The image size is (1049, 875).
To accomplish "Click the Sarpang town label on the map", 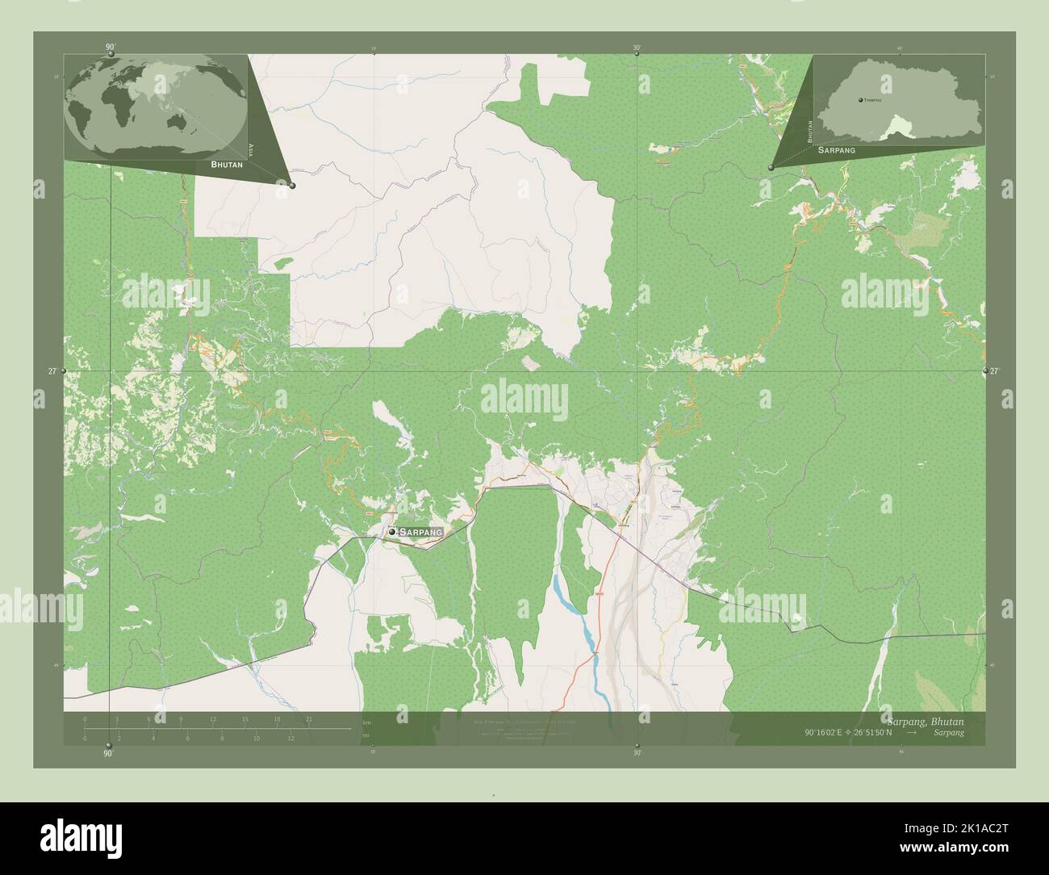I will [421, 533].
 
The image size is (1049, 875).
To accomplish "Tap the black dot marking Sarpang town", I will [391, 533].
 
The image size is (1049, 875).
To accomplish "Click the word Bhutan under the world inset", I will [226, 164].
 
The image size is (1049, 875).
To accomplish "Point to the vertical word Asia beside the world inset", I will [253, 149].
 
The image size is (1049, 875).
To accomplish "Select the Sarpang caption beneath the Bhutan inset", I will [837, 150].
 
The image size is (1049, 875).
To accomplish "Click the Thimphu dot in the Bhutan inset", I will [862, 100].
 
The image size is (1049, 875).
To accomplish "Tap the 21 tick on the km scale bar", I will [309, 719].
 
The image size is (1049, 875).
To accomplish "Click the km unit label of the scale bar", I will [367, 722].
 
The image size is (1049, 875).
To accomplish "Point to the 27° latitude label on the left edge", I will [52, 371].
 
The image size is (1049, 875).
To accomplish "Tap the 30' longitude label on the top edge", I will [637, 48].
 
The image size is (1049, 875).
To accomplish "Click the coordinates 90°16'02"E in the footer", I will [830, 733].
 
